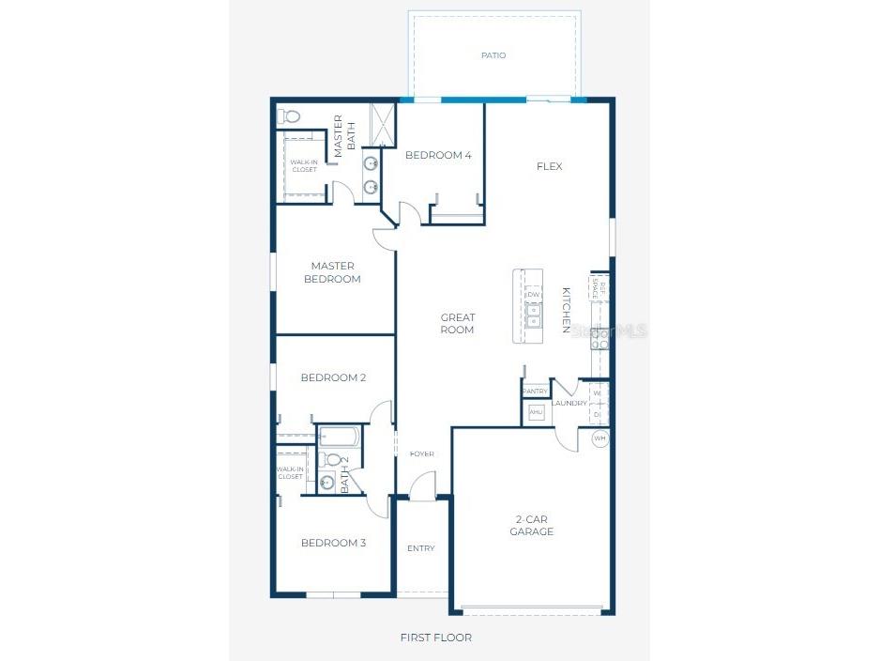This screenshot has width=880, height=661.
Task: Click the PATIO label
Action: point(493,55)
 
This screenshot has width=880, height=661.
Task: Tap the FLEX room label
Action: point(549,167)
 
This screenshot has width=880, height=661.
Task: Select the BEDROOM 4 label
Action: point(438,156)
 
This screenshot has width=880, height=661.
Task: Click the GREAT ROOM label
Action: point(458,324)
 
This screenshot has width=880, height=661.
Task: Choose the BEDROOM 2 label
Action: point(333,377)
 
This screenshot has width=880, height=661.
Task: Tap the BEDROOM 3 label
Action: point(333,543)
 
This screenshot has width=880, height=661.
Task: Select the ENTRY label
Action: point(421,548)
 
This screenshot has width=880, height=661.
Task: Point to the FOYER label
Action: point(422,454)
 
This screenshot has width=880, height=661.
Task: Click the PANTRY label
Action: point(535,392)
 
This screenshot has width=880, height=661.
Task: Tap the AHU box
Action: point(536,412)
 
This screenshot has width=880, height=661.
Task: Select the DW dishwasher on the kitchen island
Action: point(533,295)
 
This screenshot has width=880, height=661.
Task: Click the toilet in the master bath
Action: point(291,117)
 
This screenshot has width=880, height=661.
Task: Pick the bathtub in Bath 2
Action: point(339,436)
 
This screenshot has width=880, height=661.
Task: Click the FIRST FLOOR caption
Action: point(435,638)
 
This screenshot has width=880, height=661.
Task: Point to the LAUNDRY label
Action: point(569,404)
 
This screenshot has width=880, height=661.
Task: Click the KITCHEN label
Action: point(567,310)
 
